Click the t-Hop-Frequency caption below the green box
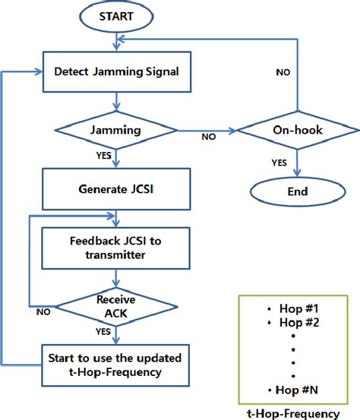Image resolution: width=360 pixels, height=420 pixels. click(x=293, y=412)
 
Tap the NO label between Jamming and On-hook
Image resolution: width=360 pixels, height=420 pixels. click(x=207, y=138)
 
